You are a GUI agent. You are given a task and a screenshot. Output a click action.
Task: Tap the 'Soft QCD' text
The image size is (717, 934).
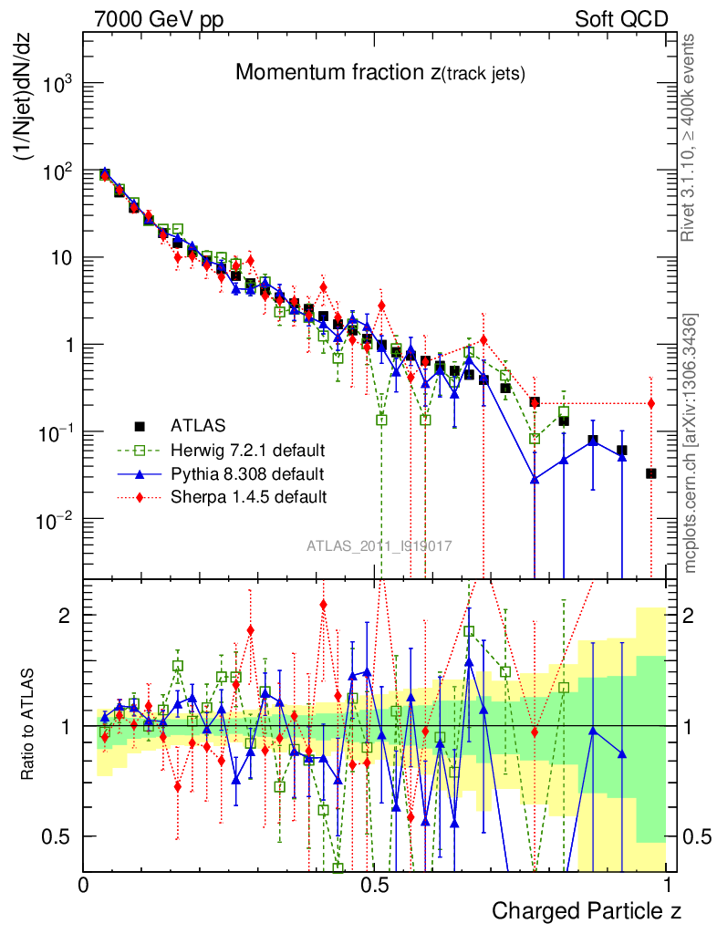pyautogui.click(x=621, y=19)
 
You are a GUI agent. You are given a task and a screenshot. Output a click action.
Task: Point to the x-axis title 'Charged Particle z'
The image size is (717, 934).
pyautogui.click(x=587, y=910)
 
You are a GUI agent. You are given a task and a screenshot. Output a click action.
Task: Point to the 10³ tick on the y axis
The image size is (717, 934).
pyautogui.click(x=56, y=83)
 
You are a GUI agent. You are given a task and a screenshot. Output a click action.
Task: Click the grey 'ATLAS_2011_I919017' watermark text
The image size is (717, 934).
pyautogui.click(x=379, y=545)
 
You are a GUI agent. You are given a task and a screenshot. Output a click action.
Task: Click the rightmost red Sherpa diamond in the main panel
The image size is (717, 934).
pyautogui.click(x=650, y=403)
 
